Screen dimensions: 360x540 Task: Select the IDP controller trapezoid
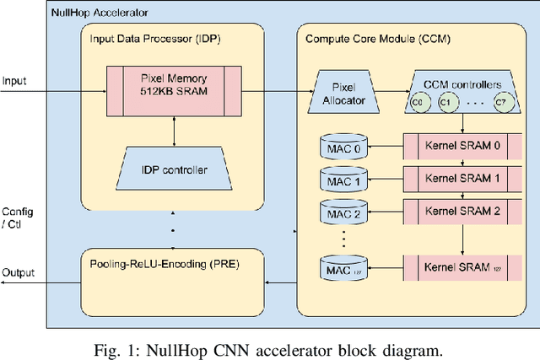[x=172, y=169]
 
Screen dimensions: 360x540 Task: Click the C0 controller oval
[x=415, y=102]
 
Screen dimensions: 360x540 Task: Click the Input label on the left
[x=14, y=81]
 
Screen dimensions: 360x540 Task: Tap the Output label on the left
[x=18, y=272]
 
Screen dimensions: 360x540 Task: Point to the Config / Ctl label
[x=18, y=217]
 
